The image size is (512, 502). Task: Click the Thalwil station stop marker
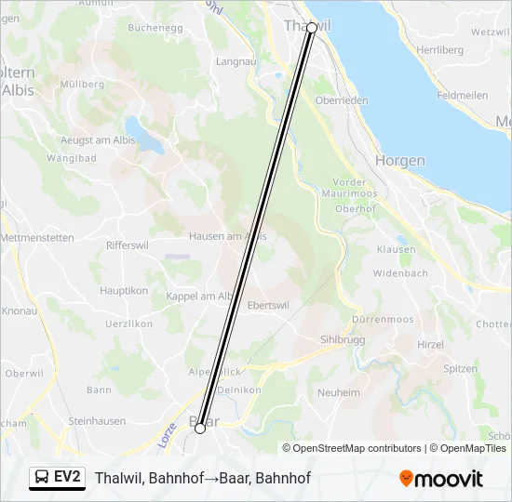312,28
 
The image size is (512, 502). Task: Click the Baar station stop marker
200,428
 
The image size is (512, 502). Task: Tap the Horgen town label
399,161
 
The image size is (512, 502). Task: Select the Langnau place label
236,61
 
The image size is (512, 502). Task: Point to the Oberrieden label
342,100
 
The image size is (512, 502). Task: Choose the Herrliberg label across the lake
440,49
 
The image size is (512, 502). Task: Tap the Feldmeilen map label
462,96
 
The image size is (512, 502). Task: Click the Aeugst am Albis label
97,140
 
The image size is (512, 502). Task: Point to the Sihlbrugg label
344,340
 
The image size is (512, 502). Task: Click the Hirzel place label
430,344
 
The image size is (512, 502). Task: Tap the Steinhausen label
96,421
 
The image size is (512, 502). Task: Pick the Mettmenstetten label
37,238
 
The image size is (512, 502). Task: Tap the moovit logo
441,478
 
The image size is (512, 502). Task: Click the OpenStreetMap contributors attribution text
357,448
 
